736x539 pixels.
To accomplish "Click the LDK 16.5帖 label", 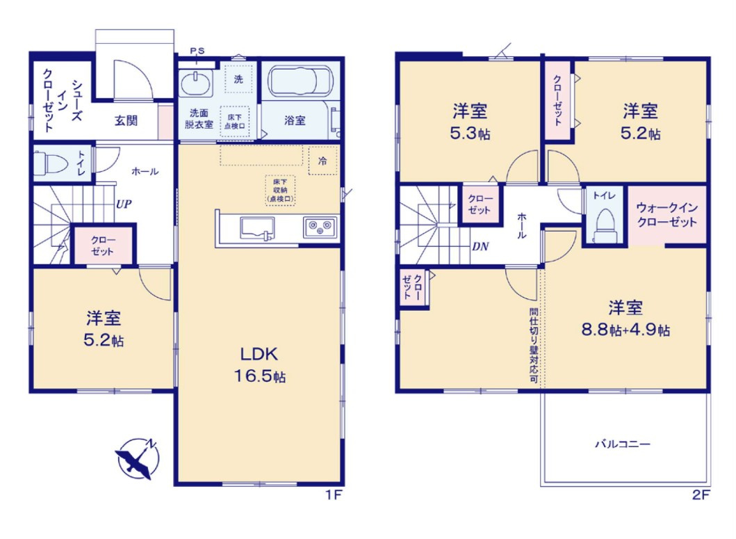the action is (x=260, y=364).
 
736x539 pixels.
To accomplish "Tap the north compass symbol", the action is (x=138, y=458).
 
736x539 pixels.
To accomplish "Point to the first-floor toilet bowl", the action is (x=51, y=163).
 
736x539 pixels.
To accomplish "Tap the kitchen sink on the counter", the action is (x=257, y=228).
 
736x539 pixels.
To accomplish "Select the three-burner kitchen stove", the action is (x=320, y=227).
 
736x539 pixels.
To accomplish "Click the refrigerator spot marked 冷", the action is (x=322, y=161).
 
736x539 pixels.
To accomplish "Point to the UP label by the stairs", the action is (x=124, y=204).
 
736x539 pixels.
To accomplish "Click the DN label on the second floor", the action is (x=480, y=246).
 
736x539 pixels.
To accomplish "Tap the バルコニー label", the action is (x=623, y=444).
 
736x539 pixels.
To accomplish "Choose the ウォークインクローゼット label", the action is (x=667, y=215).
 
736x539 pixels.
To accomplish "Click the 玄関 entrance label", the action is (x=126, y=121).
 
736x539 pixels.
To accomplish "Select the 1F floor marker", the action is (x=335, y=494).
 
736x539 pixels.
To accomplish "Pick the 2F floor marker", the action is (x=701, y=494).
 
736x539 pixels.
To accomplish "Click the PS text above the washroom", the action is (x=197, y=51).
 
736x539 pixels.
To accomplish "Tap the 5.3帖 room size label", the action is (x=471, y=134).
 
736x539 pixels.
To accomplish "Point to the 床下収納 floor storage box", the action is (x=280, y=191).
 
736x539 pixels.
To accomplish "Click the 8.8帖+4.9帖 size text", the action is (x=625, y=330).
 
